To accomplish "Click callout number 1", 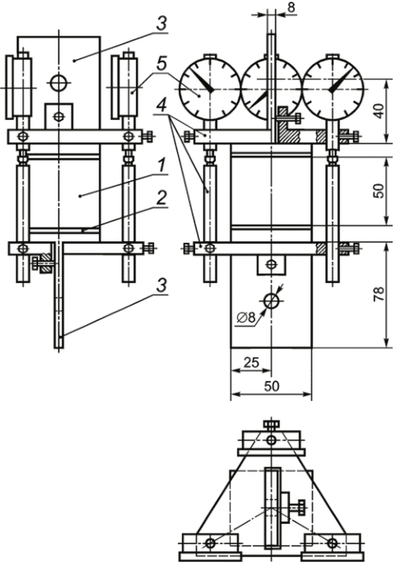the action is coord(162,166).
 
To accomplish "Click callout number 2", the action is coord(162,198).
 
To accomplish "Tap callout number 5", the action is coord(162,65).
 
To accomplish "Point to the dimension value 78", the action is coord(379,294).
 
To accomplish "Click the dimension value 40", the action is coord(379,111).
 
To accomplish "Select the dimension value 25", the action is coord(251,362).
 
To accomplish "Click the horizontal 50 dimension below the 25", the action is coord(271,386).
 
